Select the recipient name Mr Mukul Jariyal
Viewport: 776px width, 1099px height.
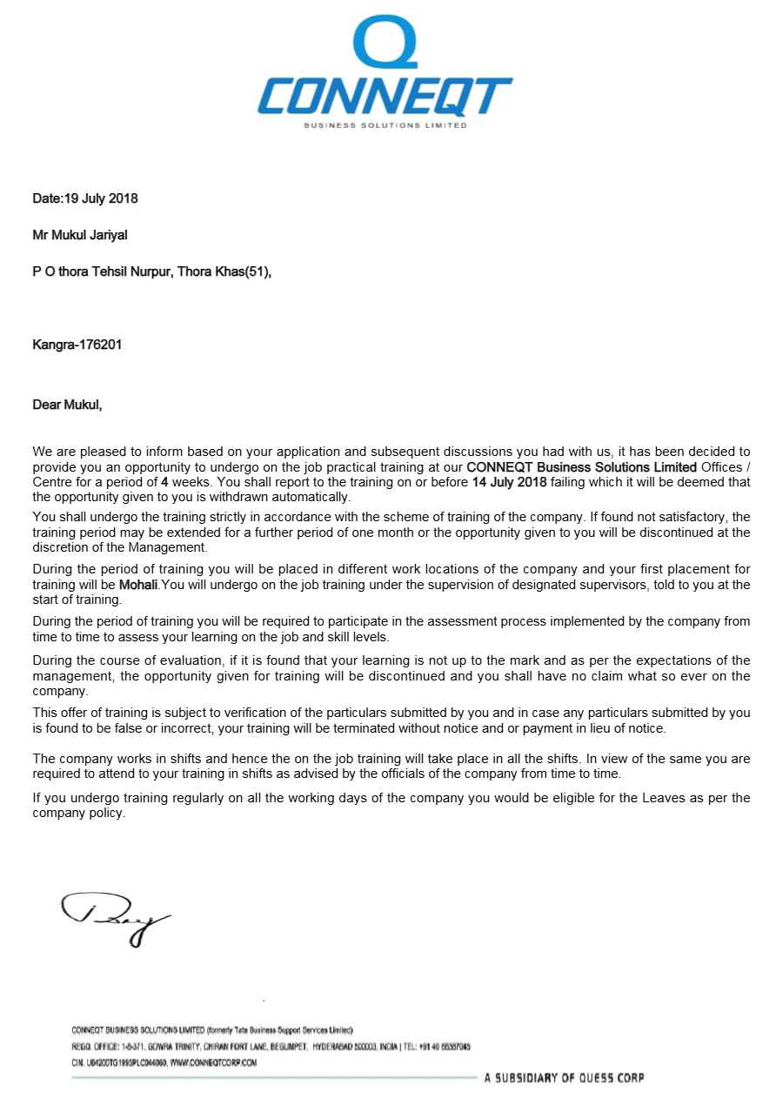(x=80, y=235)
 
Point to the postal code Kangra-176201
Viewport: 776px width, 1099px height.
(x=77, y=345)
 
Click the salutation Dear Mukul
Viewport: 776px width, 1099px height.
(x=67, y=405)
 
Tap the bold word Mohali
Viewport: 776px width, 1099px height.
(x=138, y=586)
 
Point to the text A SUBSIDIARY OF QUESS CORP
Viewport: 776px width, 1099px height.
(x=564, y=1078)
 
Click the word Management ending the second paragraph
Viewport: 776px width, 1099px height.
(x=173, y=547)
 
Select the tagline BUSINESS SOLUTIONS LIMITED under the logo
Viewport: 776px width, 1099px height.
(x=385, y=125)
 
